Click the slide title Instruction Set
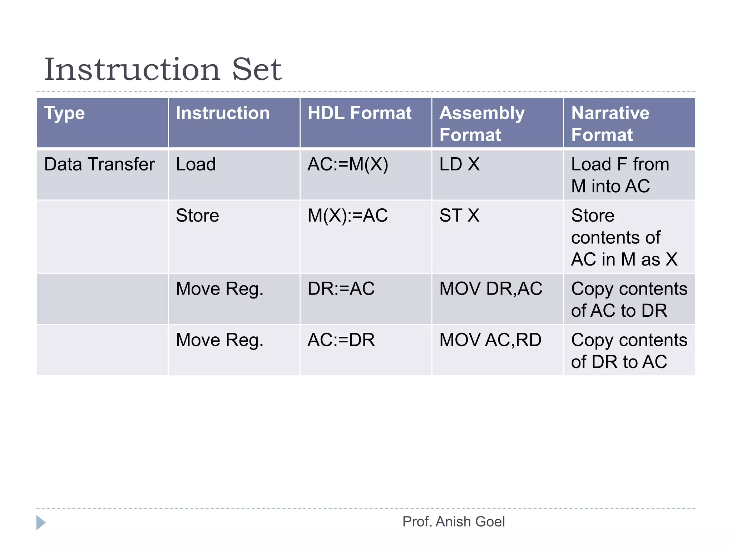point(163,69)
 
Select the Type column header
point(65,113)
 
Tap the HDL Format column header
point(359,113)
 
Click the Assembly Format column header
point(482,124)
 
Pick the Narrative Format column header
point(610,124)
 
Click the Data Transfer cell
point(99,164)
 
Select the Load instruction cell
point(196,164)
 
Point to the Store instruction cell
point(197,216)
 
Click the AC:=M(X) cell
point(348,164)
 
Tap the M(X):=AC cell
point(348,216)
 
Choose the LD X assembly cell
point(459,164)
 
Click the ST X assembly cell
point(459,216)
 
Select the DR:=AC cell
point(341,289)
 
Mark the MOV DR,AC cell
point(491,289)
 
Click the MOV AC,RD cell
point(490,340)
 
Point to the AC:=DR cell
point(341,340)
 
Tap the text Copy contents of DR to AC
point(629,351)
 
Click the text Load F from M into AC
point(620,175)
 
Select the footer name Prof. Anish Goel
point(454,522)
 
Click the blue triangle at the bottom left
point(40,523)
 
